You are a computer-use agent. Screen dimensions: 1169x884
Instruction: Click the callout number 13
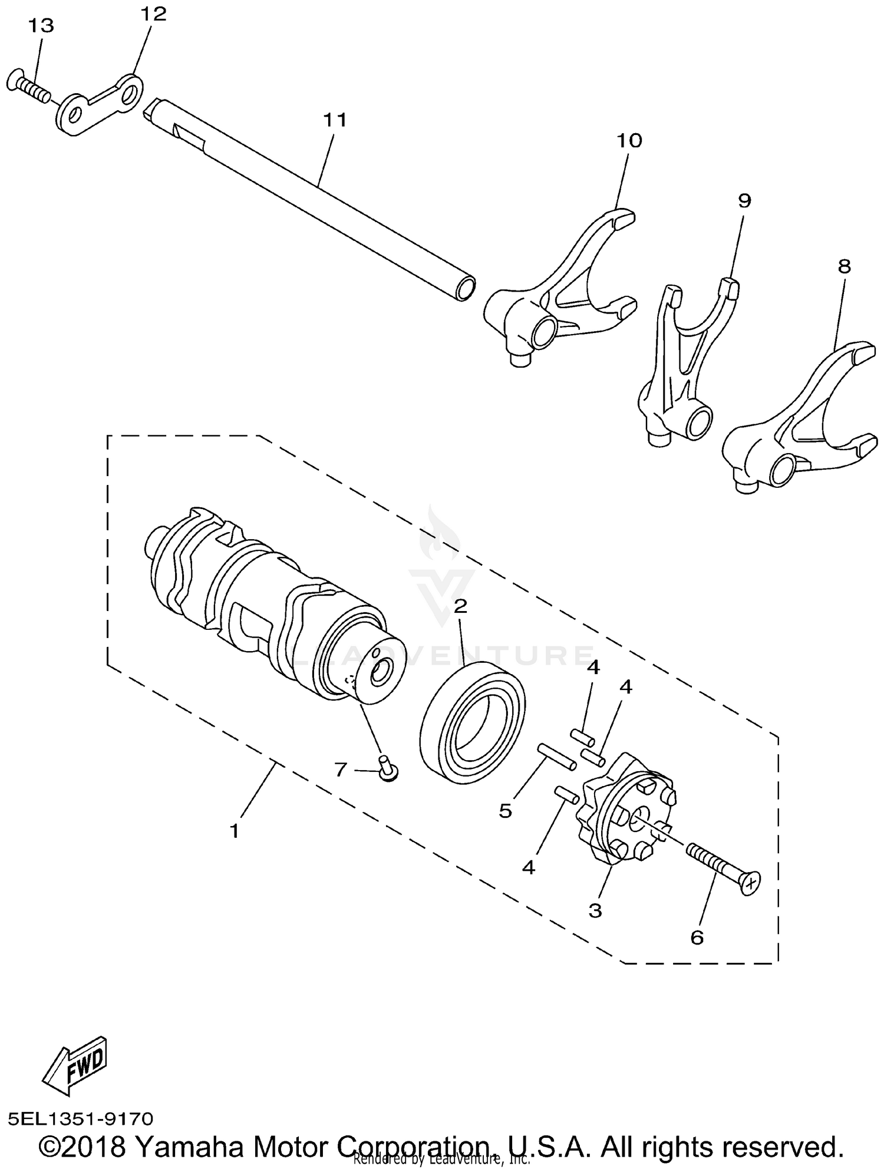click(x=40, y=27)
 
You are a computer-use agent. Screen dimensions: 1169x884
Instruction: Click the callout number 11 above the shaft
click(x=335, y=120)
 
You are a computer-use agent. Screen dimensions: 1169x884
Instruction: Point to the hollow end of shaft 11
click(x=465, y=289)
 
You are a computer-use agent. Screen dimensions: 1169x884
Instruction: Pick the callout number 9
click(x=744, y=202)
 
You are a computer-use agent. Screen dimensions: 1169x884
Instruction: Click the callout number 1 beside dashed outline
click(x=235, y=832)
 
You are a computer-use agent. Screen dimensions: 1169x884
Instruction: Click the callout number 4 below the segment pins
click(x=529, y=867)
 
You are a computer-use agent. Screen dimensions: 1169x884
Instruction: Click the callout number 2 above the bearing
click(x=460, y=606)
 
